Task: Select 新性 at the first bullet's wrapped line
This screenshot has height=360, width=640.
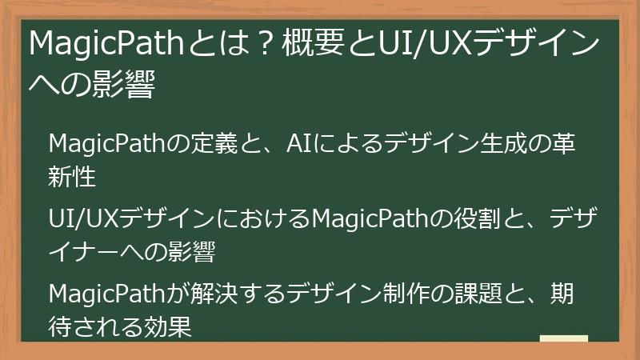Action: pyautogui.click(x=72, y=176)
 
